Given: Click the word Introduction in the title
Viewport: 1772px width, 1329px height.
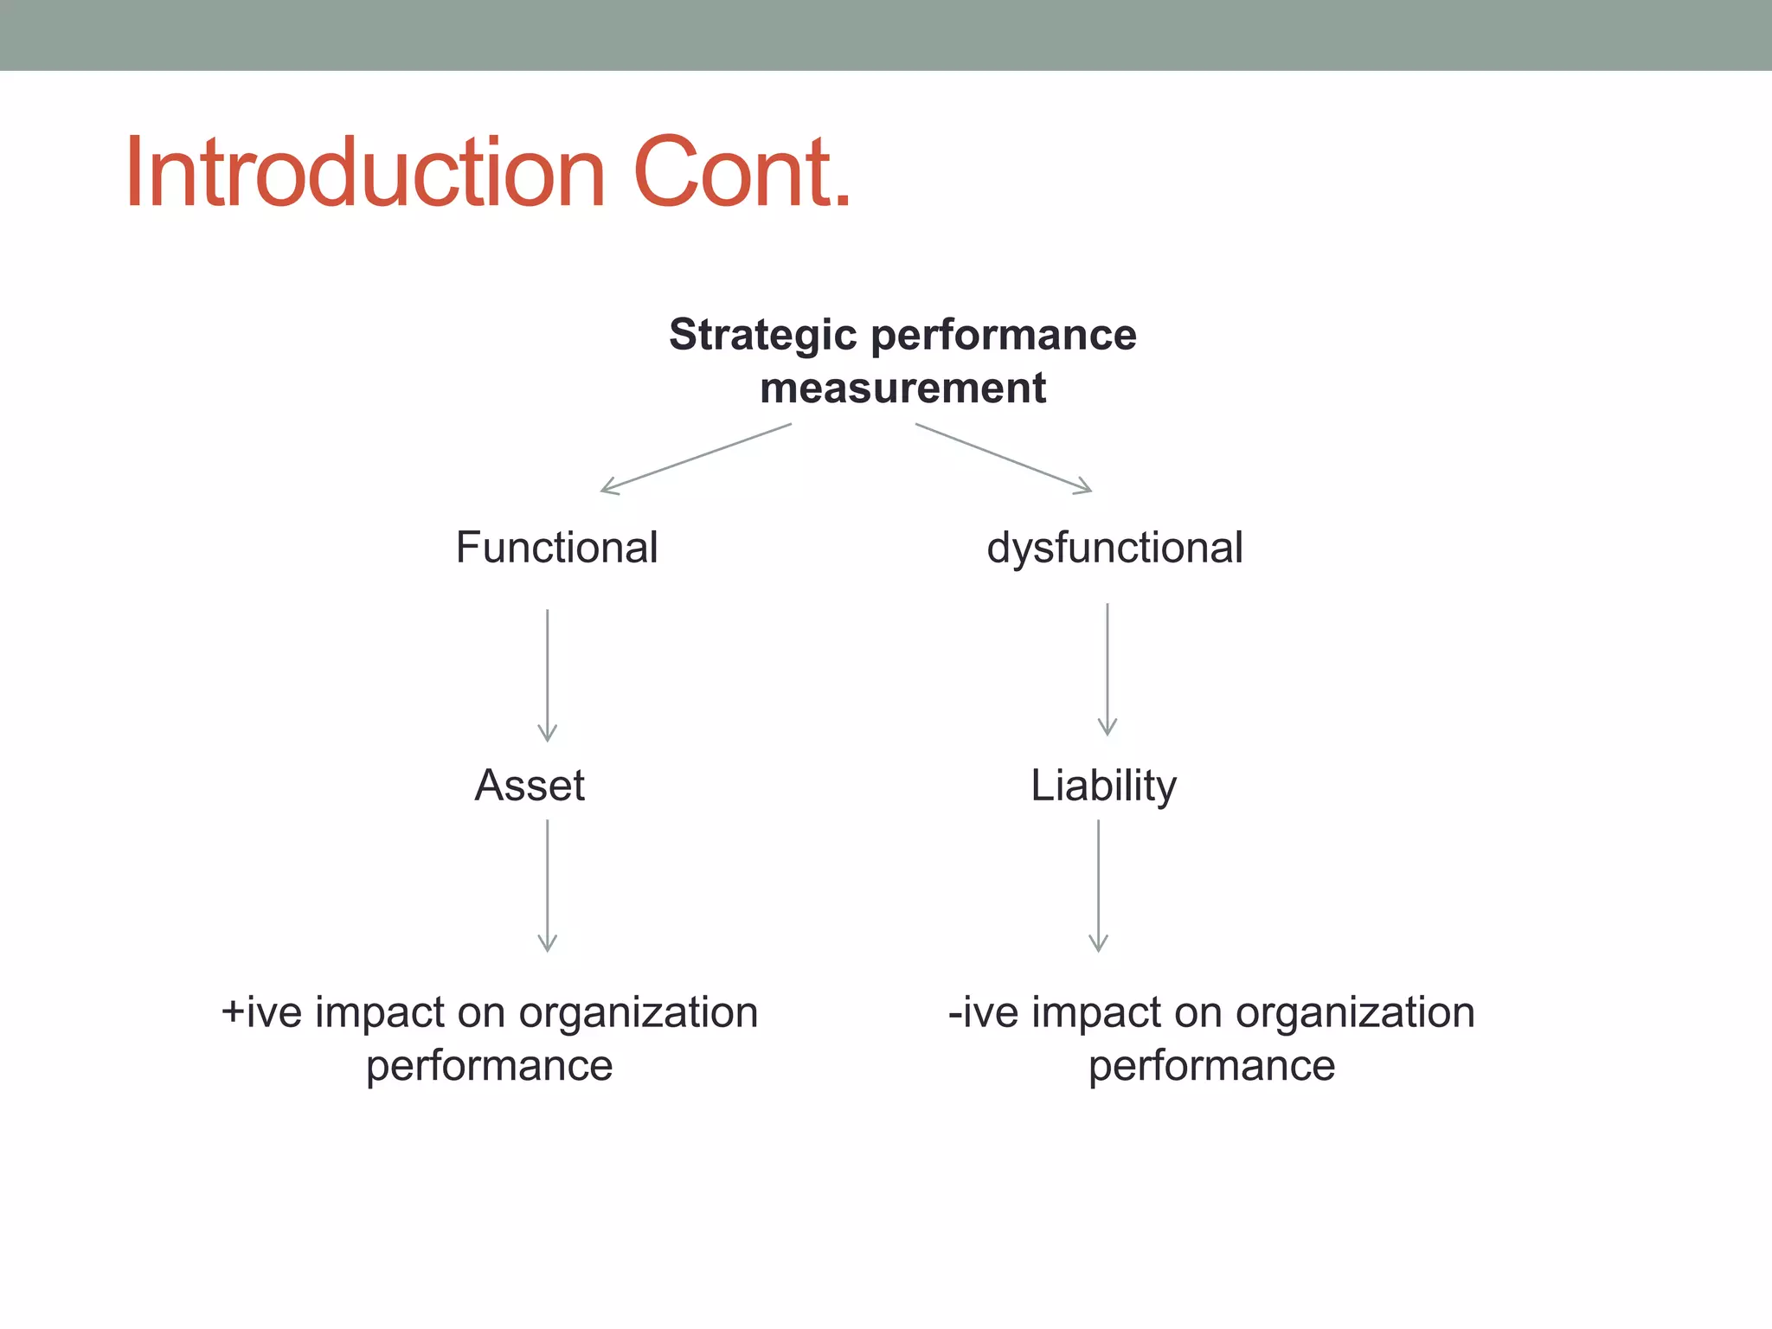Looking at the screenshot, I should click(364, 173).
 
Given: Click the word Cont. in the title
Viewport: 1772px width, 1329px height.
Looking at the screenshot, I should click(742, 173).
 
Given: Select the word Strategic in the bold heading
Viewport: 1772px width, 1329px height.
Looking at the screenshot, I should click(764, 336).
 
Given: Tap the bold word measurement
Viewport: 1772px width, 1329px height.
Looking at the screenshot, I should click(902, 388).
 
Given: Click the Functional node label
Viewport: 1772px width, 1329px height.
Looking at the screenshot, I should click(556, 548).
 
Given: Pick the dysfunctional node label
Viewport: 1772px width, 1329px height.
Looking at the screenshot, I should click(1114, 548).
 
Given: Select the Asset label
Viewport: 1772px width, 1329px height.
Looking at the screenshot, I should click(530, 786).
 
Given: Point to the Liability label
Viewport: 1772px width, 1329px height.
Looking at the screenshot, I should click(1103, 786).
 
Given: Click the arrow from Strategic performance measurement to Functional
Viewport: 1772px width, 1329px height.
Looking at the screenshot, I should click(696, 459).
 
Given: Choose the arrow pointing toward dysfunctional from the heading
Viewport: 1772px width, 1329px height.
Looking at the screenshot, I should click(1004, 459).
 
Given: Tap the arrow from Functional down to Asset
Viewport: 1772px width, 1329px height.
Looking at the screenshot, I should click(547, 675).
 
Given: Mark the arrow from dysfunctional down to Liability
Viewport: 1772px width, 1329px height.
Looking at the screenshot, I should click(1107, 670).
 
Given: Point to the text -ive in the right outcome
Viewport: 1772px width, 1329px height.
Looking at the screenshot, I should click(983, 1012).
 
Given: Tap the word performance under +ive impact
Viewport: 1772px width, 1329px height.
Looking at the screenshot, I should click(489, 1066).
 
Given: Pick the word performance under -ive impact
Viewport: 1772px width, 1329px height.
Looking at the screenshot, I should click(1211, 1066).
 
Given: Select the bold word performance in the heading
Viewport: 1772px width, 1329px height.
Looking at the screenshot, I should click(1004, 336).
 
